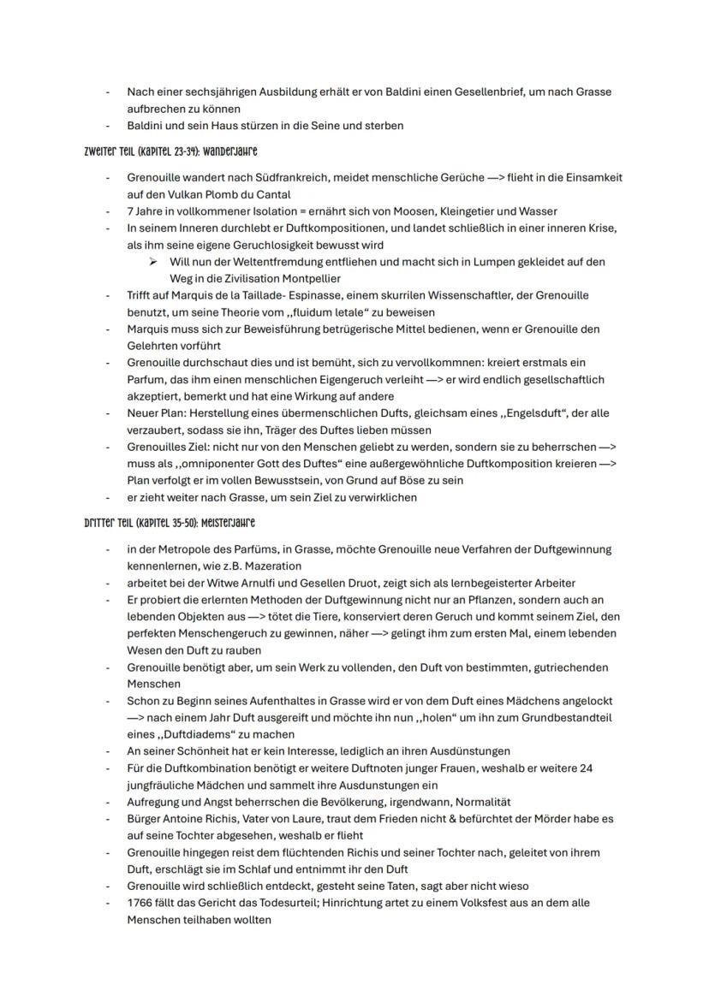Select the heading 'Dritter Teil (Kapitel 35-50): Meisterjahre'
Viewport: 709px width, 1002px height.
pyautogui.click(x=170, y=523)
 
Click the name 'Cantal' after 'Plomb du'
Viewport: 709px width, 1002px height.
pyautogui.click(x=271, y=194)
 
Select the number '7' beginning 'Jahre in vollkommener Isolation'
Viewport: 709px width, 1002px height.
pyautogui.click(x=130, y=210)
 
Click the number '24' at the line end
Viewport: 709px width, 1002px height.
pyautogui.click(x=586, y=768)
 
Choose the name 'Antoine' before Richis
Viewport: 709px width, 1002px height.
pyautogui.click(x=184, y=819)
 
